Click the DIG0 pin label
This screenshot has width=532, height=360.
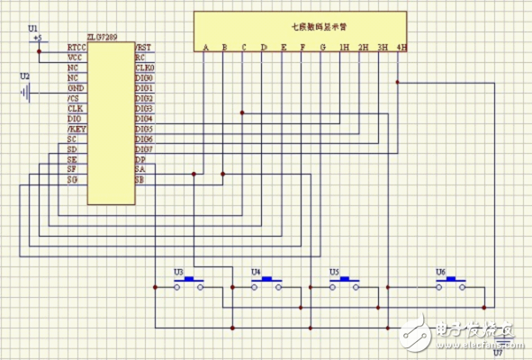(x=144, y=77)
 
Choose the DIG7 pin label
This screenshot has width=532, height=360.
(x=144, y=148)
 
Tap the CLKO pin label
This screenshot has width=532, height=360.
(x=144, y=67)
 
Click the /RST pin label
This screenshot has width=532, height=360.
(x=143, y=47)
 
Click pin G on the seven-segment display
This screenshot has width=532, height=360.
(x=322, y=48)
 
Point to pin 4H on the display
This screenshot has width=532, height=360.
(x=401, y=48)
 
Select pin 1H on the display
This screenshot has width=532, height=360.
(x=343, y=48)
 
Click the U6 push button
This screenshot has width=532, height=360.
(x=450, y=283)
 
